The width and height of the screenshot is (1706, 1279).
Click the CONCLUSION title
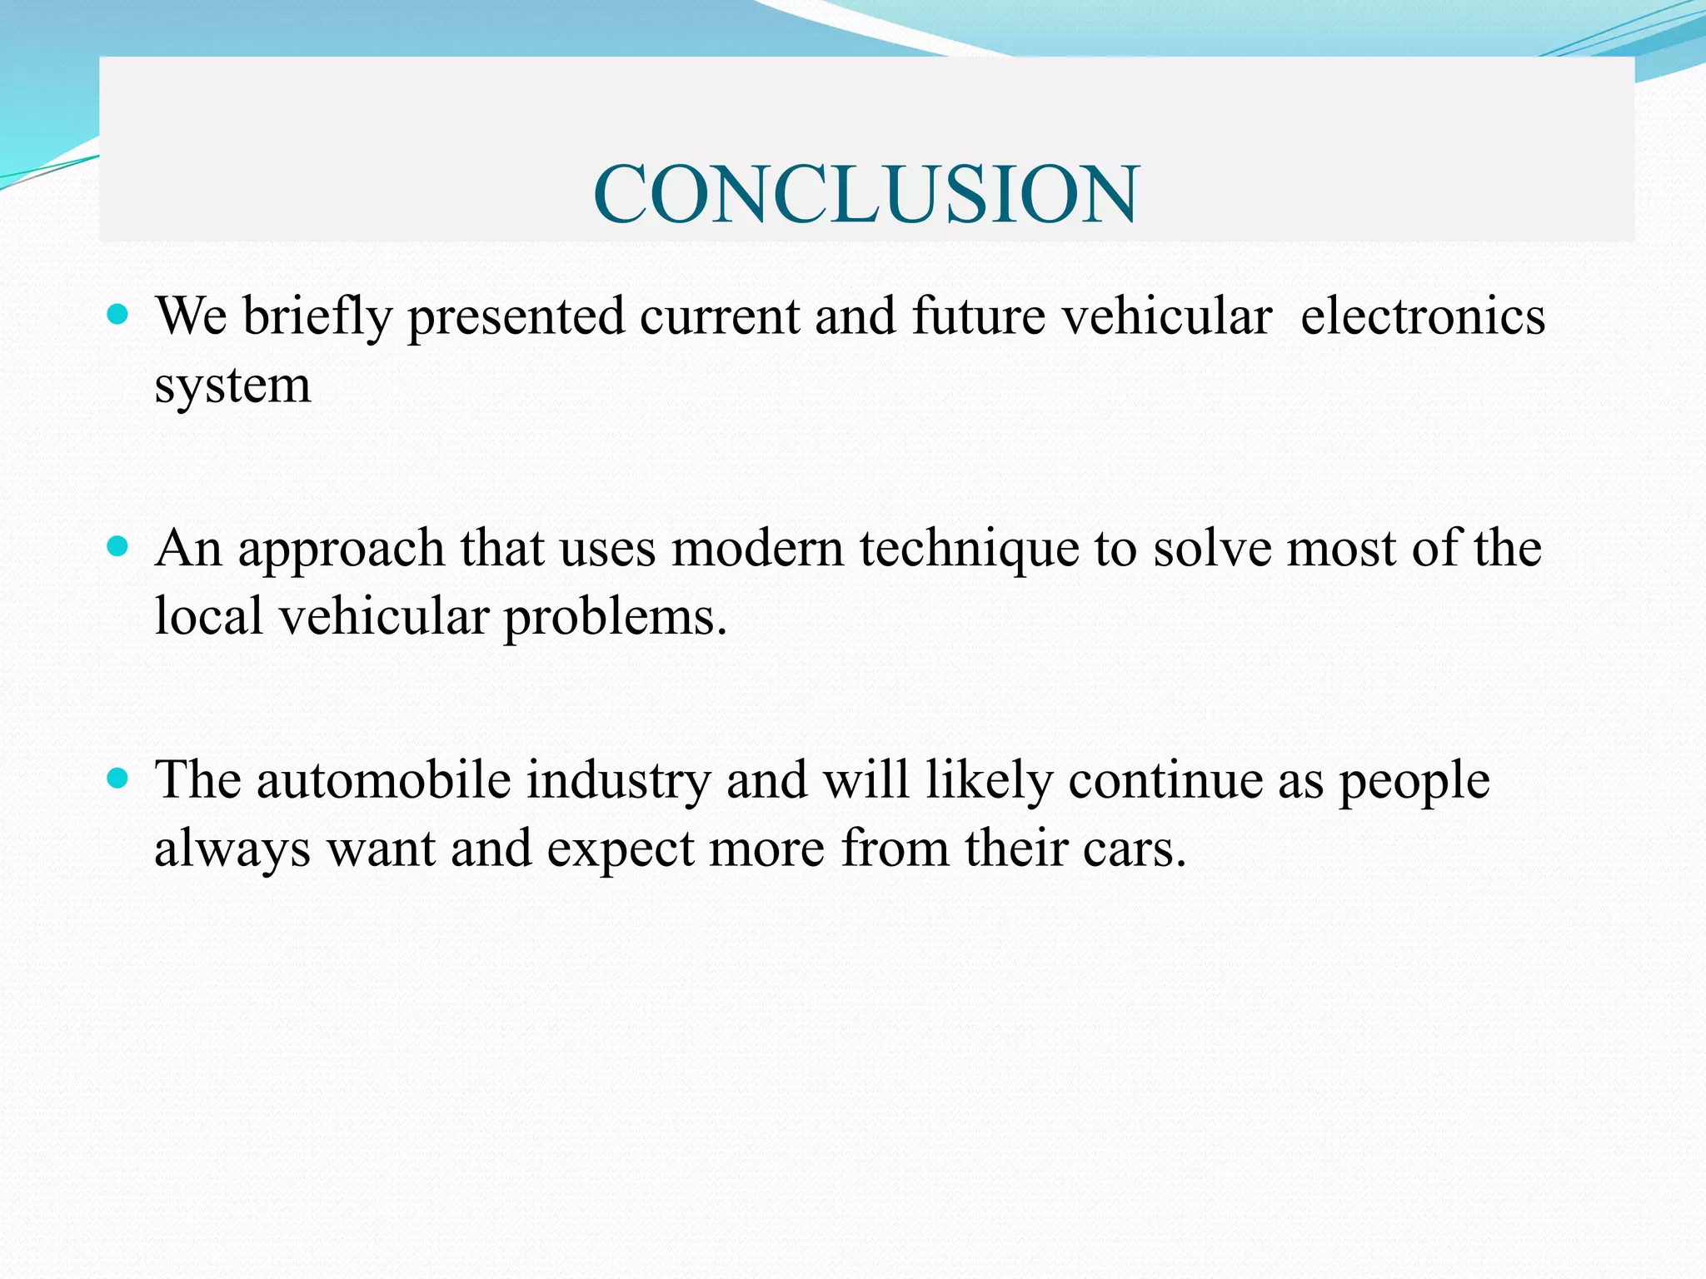(x=865, y=194)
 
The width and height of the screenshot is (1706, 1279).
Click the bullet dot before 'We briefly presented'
(x=118, y=315)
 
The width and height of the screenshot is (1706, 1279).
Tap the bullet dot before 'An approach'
(x=118, y=546)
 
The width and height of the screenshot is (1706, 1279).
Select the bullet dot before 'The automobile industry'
(x=118, y=778)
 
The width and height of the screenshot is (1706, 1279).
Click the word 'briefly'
(x=317, y=318)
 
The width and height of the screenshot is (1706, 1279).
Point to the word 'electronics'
(x=1422, y=316)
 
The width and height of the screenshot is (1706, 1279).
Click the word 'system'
(x=232, y=386)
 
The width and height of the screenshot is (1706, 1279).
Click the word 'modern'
(x=757, y=549)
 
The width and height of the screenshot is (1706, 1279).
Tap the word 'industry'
(x=618, y=782)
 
